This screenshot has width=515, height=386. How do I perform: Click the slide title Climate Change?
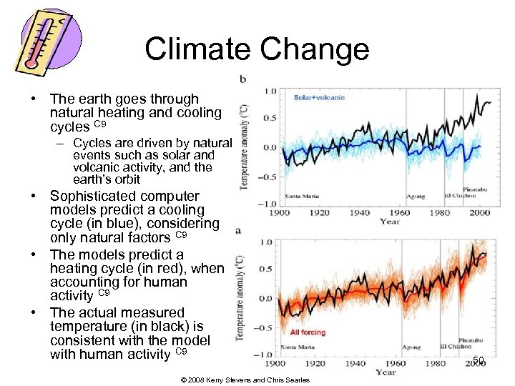coord(257,49)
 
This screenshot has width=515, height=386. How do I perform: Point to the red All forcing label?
coord(308,332)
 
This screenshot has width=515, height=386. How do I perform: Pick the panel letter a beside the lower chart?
coord(237,230)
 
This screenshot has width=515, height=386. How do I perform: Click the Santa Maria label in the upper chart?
coord(303,196)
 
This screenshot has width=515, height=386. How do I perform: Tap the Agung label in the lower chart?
coord(411,347)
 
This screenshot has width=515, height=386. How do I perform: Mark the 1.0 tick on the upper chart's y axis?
coord(271,91)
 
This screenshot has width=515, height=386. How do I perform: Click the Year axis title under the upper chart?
coord(390,222)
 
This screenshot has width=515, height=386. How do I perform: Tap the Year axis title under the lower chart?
coord(386,372)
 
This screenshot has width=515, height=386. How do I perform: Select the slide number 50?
coord(479,360)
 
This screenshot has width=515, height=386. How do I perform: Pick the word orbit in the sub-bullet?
coord(125,179)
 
